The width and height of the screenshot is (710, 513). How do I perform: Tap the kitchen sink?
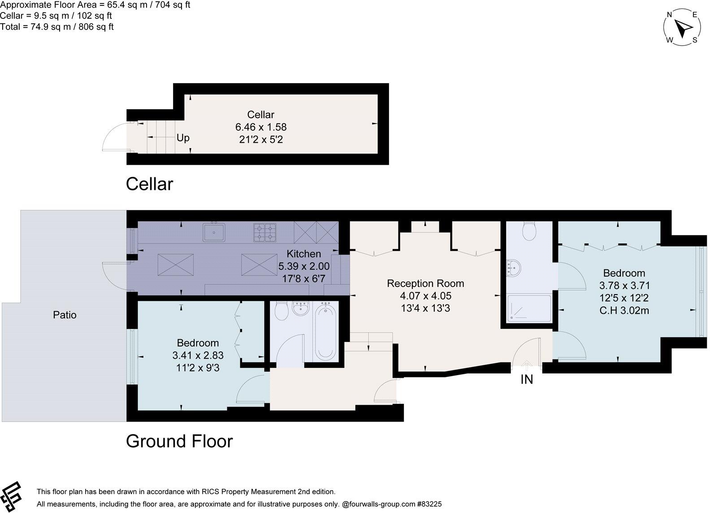tap(214, 232)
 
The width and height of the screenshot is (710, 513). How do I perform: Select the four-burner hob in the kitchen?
tap(264, 233)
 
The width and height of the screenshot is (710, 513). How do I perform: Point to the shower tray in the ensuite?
tap(529, 308)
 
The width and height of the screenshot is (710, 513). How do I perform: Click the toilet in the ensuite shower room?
tap(529, 231)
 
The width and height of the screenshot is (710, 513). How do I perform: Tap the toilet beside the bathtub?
tap(281, 311)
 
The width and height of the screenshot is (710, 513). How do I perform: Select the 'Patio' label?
tap(65, 315)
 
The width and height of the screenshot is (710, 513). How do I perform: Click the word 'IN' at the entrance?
tap(527, 379)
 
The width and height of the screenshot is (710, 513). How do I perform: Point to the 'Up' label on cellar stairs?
tap(183, 138)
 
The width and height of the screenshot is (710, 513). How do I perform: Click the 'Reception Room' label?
tap(425, 283)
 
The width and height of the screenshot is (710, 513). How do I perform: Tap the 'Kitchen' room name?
tap(303, 253)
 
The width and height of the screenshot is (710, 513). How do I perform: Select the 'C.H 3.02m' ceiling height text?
tap(624, 310)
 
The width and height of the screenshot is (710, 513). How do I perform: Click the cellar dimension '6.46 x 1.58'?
tap(261, 127)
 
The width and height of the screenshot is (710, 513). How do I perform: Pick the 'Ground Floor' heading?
tap(179, 441)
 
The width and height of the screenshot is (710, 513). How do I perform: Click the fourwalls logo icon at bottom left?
tap(10, 496)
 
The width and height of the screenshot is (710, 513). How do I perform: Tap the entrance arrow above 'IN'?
tap(527, 366)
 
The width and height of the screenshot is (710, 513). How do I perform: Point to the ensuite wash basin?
tap(514, 268)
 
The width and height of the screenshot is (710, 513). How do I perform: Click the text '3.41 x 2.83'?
tap(198, 355)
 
